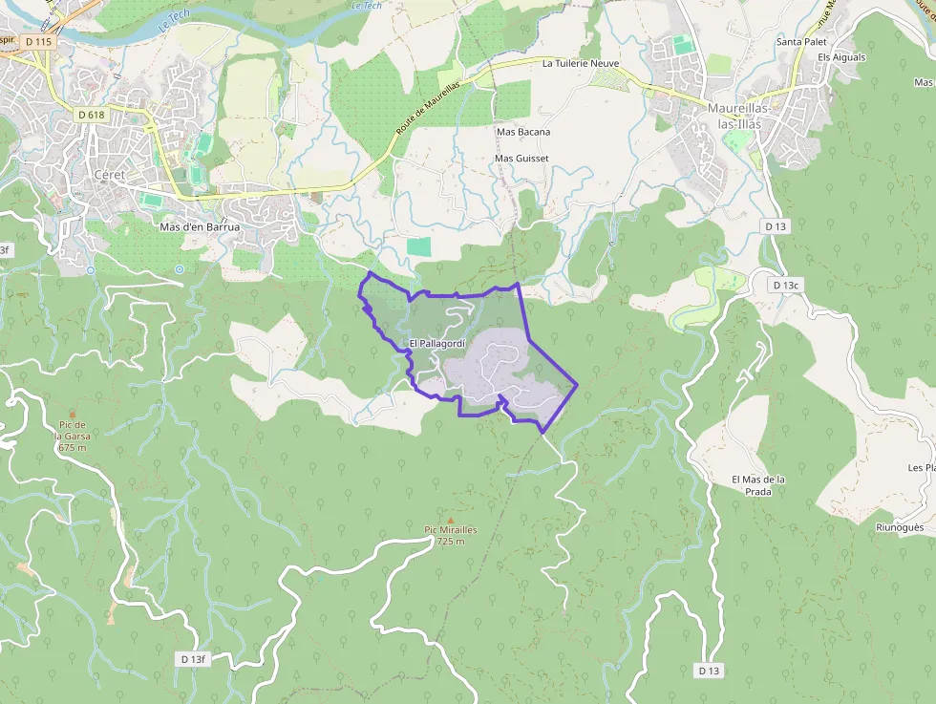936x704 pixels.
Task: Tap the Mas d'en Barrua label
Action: click(200, 227)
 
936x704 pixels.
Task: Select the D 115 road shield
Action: click(39, 42)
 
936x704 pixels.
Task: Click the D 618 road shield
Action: click(92, 115)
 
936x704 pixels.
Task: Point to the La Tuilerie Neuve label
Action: click(581, 64)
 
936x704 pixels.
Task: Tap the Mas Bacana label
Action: click(522, 132)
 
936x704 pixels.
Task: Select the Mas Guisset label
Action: click(521, 158)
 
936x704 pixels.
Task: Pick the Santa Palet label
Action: click(800, 42)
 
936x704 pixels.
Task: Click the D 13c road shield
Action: click(785, 285)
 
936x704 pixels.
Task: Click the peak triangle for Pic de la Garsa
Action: click(72, 414)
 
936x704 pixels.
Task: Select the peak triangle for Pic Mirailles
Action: click(451, 519)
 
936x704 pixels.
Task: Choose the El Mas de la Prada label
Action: click(758, 485)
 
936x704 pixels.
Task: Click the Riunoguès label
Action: click(900, 527)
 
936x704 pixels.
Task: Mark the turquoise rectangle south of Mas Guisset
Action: click(418, 246)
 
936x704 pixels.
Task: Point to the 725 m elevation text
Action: click(450, 542)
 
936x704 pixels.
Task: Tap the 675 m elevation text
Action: click(72, 447)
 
